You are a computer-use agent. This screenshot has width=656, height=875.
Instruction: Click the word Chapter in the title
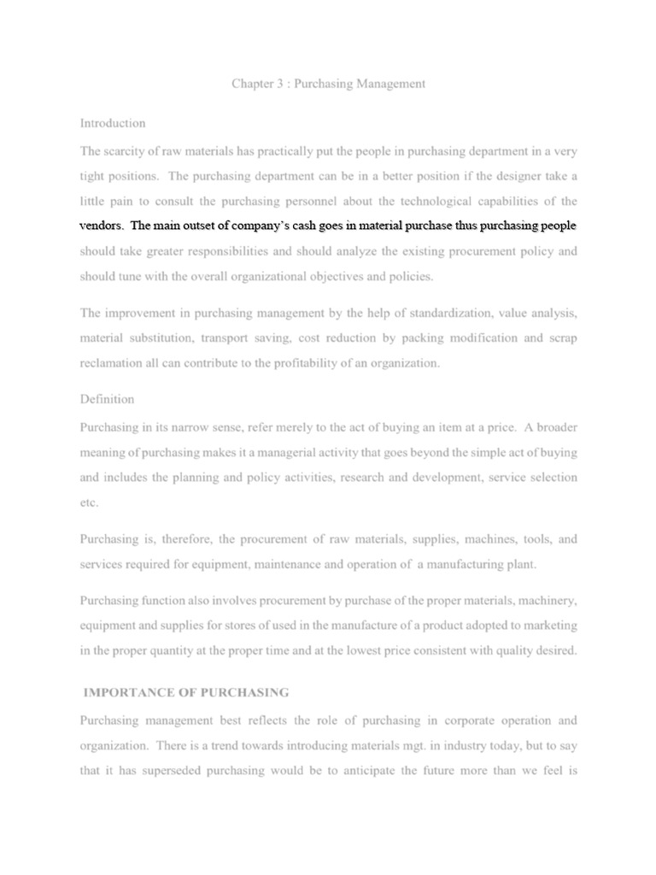click(x=253, y=84)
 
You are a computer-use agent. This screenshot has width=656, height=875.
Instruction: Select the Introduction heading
click(x=113, y=123)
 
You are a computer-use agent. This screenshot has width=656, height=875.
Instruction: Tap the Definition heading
click(x=107, y=399)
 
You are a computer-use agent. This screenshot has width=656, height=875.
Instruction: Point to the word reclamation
click(x=112, y=363)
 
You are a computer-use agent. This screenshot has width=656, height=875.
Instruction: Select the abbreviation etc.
click(x=90, y=502)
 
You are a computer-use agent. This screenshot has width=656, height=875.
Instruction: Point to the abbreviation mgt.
click(x=397, y=745)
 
